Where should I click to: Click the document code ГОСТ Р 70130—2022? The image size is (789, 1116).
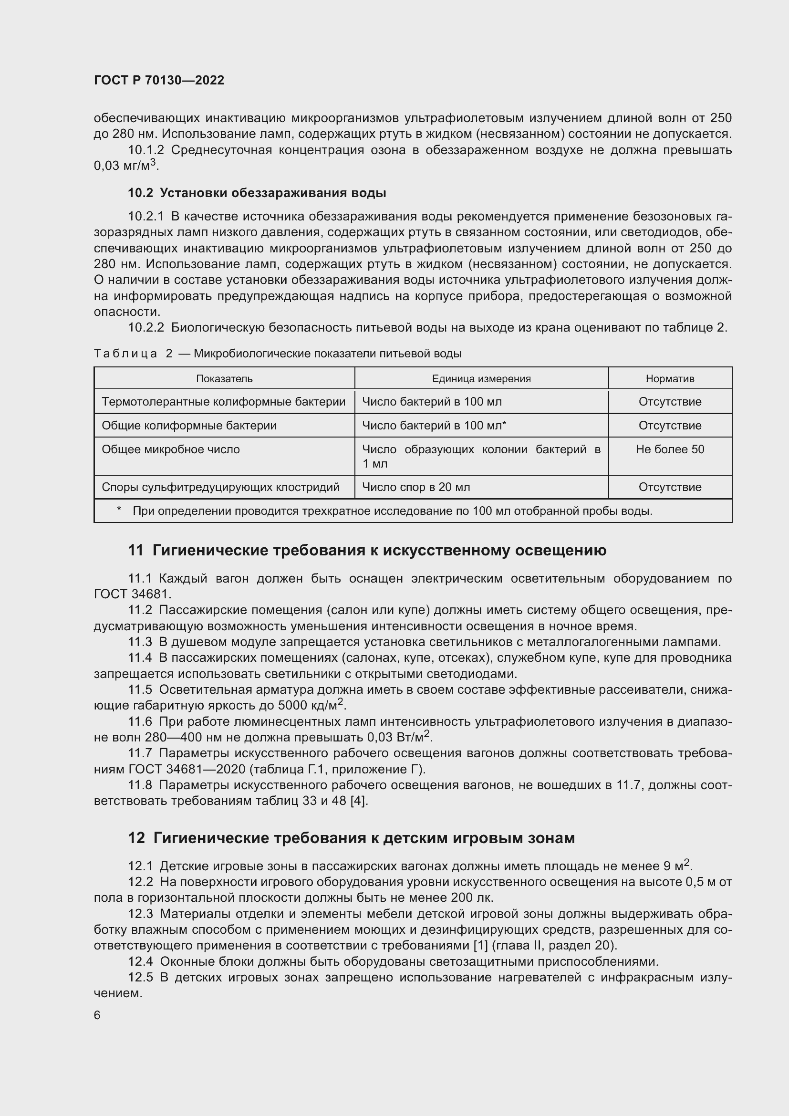[159, 80]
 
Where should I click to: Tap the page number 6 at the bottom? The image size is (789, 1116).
[97, 1015]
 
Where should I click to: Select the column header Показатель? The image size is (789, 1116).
[224, 379]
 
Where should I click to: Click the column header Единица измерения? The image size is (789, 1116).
[481, 379]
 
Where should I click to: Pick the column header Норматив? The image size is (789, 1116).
[669, 379]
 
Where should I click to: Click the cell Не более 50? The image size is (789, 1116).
[669, 449]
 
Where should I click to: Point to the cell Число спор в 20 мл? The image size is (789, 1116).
[416, 487]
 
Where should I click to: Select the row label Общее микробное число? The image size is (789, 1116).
[170, 449]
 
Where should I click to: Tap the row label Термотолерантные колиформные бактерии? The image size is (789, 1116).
[223, 402]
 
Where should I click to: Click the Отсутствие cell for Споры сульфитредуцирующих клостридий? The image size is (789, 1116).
[669, 487]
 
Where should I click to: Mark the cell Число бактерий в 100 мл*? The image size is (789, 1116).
[434, 426]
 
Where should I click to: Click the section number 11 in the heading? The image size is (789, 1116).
[135, 551]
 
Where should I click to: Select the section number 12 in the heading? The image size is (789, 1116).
[136, 838]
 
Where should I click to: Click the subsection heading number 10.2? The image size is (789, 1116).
[140, 193]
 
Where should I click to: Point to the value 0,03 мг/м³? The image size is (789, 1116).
[125, 166]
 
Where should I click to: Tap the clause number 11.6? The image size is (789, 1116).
[140, 722]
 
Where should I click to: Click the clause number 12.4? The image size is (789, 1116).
[140, 962]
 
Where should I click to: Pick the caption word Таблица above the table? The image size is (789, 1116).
[125, 354]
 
